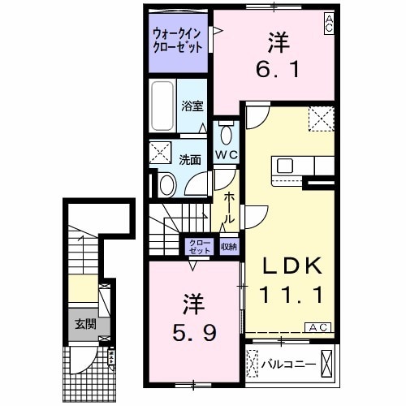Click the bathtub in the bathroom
(162, 106)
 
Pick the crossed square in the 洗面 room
(158, 153)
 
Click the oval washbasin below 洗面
(167, 184)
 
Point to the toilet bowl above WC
(225, 134)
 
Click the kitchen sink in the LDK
(286, 166)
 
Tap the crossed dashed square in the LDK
(320, 119)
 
